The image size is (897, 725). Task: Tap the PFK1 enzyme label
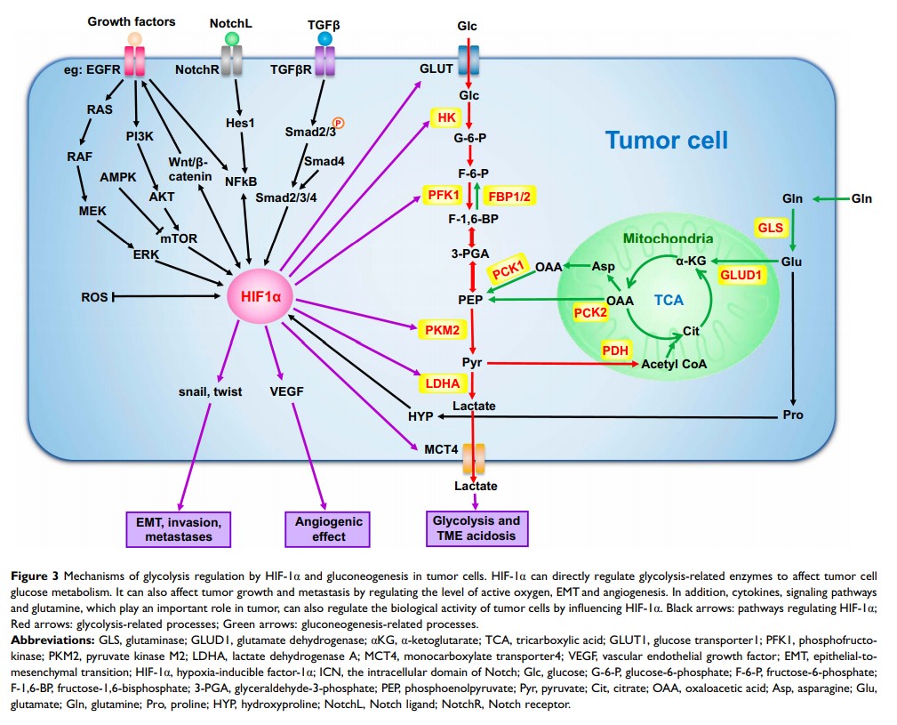click(444, 194)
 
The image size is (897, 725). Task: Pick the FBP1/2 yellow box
click(512, 194)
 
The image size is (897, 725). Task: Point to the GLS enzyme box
click(771, 228)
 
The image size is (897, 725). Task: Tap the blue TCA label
click(669, 301)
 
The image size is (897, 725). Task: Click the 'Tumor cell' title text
click(666, 140)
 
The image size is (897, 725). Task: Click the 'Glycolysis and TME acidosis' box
click(475, 528)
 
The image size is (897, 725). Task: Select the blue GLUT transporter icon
click(468, 64)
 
